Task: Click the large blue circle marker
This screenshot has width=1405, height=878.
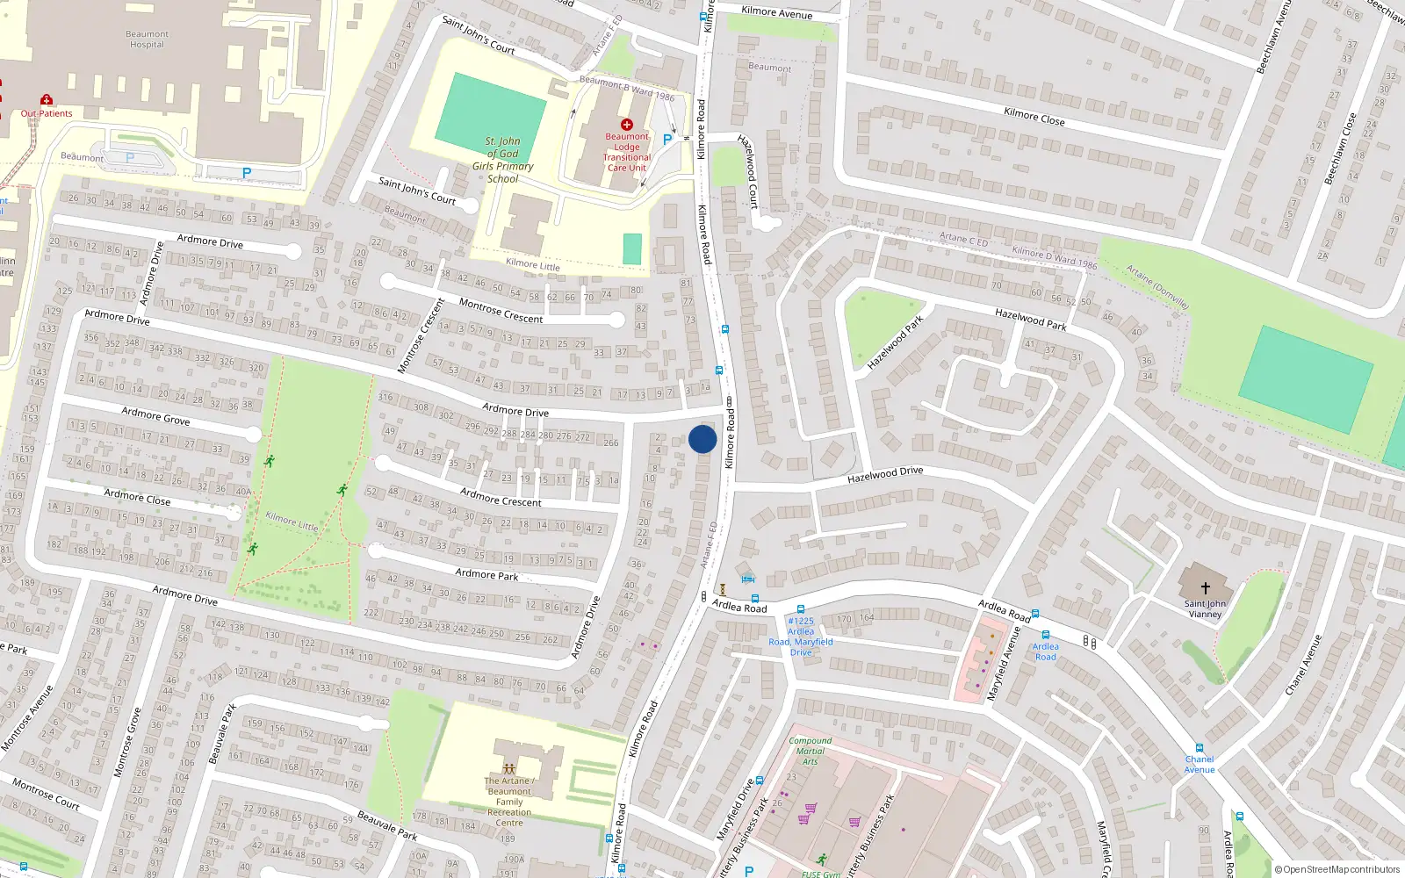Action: pyautogui.click(x=702, y=439)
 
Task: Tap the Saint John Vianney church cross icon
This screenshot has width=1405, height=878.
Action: pyautogui.click(x=1205, y=587)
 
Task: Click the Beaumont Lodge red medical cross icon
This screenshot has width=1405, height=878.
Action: pyautogui.click(x=626, y=125)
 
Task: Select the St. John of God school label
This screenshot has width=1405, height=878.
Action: pyautogui.click(x=503, y=159)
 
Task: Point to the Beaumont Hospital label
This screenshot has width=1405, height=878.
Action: pyautogui.click(x=147, y=40)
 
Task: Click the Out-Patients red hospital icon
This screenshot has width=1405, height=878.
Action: pyautogui.click(x=47, y=100)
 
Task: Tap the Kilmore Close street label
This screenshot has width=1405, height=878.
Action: pyautogui.click(x=1034, y=116)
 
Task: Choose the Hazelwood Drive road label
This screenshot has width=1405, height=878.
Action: pyautogui.click(x=885, y=475)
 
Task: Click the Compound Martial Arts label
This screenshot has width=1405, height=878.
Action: pyautogui.click(x=810, y=751)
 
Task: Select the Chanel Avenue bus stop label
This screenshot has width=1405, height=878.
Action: pyautogui.click(x=1199, y=764)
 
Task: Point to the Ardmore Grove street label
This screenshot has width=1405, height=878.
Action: pyautogui.click(x=155, y=415)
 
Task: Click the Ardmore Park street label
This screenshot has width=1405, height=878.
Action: pyautogui.click(x=486, y=574)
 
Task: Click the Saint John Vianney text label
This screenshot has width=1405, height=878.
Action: pyautogui.click(x=1205, y=608)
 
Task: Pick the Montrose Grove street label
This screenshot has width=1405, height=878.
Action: pyautogui.click(x=127, y=742)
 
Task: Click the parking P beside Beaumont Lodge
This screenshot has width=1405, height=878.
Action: pyautogui.click(x=667, y=139)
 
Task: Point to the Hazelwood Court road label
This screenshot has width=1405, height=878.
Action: pyautogui.click(x=748, y=171)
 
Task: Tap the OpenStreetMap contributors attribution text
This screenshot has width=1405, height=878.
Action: pyautogui.click(x=1337, y=869)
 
